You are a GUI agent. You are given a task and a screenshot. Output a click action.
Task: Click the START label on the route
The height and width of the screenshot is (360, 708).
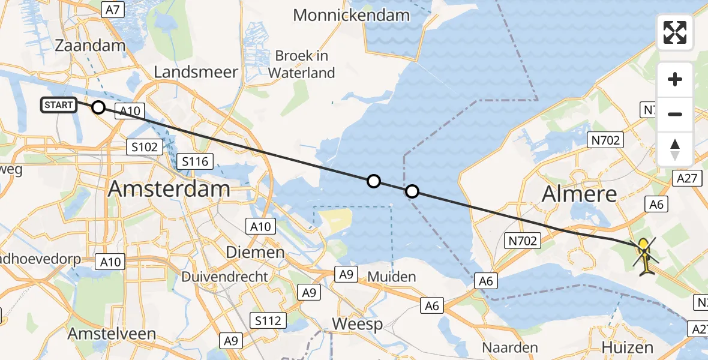pos(59,105)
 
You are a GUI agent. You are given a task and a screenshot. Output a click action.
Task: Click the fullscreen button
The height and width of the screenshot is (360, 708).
pos(675,32)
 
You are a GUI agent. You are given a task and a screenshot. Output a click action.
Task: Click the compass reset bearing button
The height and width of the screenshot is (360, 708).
pos(675,149)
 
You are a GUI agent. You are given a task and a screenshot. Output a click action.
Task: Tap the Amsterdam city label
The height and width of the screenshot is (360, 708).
pos(169,189)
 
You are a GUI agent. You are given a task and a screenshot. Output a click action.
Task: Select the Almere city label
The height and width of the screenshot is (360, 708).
pos(579,193)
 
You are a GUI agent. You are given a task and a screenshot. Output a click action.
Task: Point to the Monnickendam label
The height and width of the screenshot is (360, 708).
pos(352,16)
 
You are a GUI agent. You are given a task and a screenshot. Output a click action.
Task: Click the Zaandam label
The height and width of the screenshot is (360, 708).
pos(90,46)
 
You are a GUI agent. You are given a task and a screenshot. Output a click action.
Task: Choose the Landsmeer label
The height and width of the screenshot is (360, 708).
pos(196,73)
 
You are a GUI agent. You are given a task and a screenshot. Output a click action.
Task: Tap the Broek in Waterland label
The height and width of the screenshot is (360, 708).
pos(301,64)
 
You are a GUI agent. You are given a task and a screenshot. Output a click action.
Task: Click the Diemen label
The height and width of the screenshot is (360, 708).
pos(255,252)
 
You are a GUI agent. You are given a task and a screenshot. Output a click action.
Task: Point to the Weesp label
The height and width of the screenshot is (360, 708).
pos(358,325)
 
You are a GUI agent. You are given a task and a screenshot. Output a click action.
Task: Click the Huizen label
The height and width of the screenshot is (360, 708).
pos(628,347)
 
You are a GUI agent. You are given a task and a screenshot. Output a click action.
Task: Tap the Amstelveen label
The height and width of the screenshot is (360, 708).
pos(112,334)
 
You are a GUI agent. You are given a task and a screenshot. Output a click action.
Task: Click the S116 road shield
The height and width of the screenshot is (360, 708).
pos(195,161)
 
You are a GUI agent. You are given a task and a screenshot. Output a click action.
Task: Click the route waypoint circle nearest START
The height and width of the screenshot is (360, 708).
pos(98,107)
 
